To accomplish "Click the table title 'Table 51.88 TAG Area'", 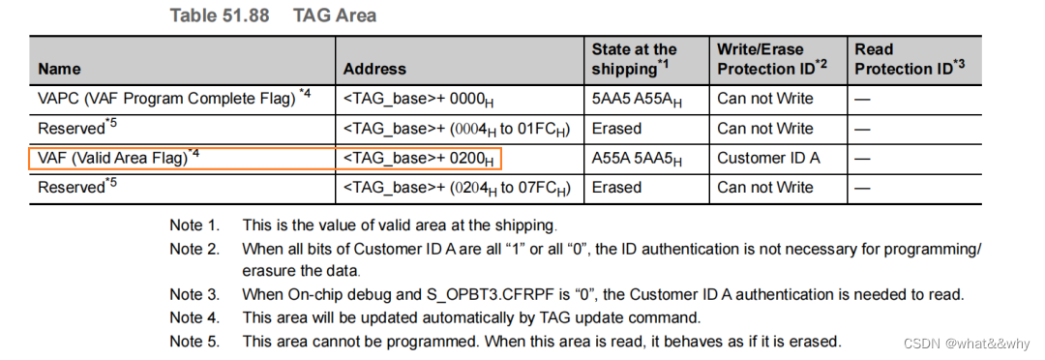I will pyautogui.click(x=273, y=15).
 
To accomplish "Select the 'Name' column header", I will pyautogui.click(x=59, y=69).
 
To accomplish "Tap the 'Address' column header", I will pyautogui.click(x=374, y=69).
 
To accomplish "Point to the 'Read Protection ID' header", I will pyautogui.click(x=910, y=58).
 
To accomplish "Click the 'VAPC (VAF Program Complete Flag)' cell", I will pyautogui.click(x=174, y=98).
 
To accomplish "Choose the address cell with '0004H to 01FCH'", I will pyautogui.click(x=457, y=129).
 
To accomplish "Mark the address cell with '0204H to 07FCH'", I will pyautogui.click(x=457, y=188).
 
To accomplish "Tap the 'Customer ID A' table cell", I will pyautogui.click(x=768, y=158).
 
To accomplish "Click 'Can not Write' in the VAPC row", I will pyautogui.click(x=765, y=98).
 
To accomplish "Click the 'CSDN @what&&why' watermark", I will pyautogui.click(x=968, y=343).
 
